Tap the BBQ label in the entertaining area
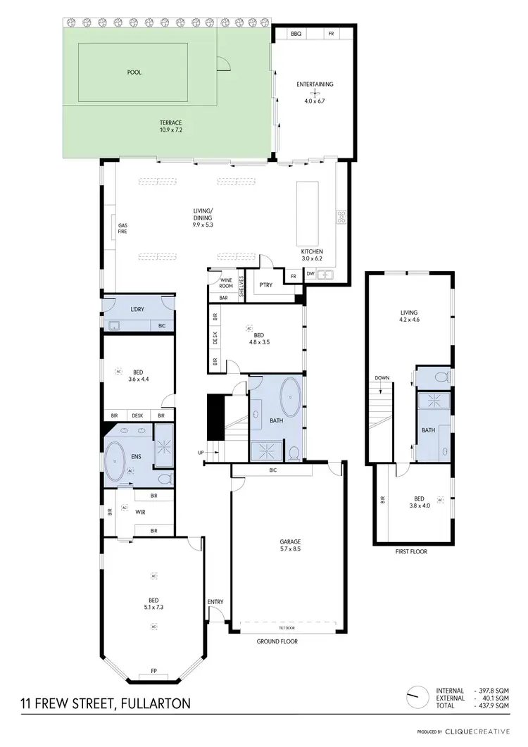click(296, 34)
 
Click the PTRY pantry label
click(265, 285)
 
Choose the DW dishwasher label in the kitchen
click(310, 274)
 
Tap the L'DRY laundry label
click(138, 310)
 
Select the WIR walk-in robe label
click(141, 512)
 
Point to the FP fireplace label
click(154, 670)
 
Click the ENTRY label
click(215, 601)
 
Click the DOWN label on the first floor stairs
click(382, 378)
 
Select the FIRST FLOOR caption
click(412, 551)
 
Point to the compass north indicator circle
click(416, 698)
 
